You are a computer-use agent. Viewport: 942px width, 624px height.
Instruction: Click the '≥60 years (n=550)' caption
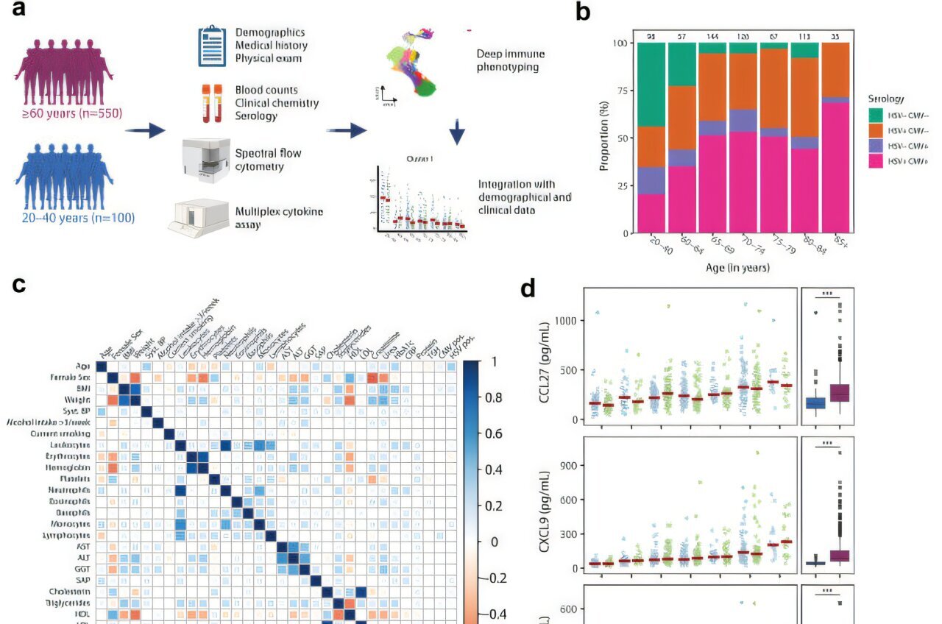point(68,113)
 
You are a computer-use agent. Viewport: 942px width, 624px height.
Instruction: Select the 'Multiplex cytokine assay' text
point(279,218)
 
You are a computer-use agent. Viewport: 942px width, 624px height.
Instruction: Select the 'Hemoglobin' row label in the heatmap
point(71,467)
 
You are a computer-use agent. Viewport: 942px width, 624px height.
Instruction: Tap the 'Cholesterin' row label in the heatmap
point(72,591)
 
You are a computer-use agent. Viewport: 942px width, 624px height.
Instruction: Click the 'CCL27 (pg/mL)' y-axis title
point(545,357)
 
